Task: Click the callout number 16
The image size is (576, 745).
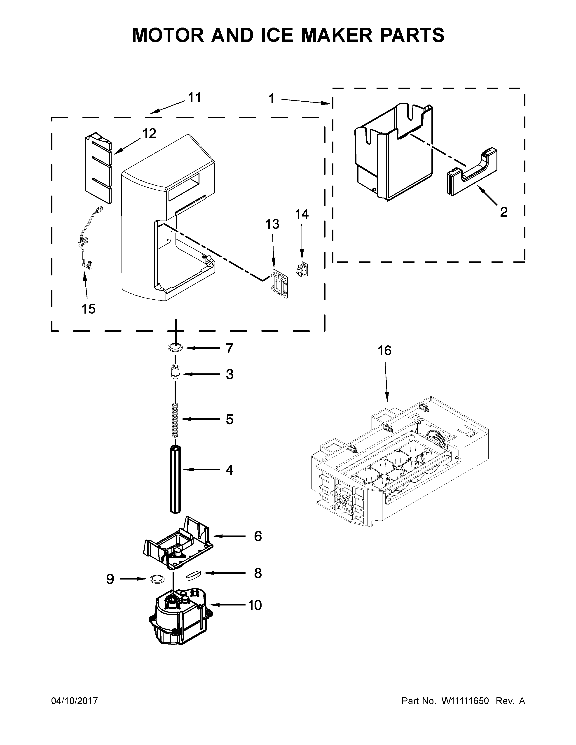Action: click(x=384, y=351)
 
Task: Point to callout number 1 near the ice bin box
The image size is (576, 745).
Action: click(x=271, y=99)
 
